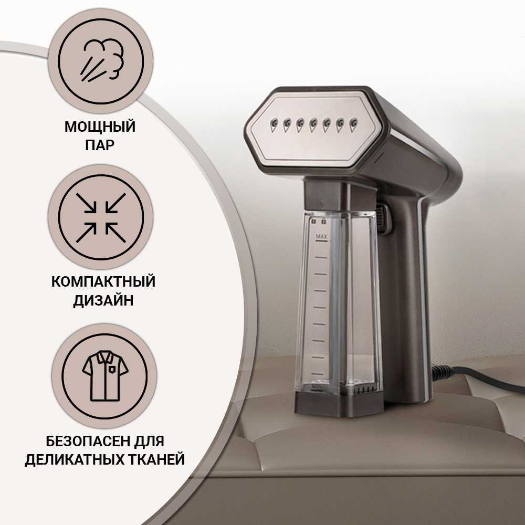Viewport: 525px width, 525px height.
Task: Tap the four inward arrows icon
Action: [x=101, y=218]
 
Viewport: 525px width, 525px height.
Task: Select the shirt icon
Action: [x=105, y=376]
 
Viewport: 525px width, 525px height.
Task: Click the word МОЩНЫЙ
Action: [x=100, y=127]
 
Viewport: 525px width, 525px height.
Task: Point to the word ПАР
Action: [x=100, y=145]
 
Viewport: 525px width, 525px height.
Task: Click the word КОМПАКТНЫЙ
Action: [x=103, y=281]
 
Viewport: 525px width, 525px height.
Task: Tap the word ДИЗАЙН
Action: [x=103, y=300]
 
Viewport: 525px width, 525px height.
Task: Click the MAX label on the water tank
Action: [x=321, y=237]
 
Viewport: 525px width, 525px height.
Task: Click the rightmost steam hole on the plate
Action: [x=353, y=124]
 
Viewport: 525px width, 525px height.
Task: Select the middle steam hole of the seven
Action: [x=313, y=125]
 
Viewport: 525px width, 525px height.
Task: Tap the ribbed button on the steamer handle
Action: [x=381, y=218]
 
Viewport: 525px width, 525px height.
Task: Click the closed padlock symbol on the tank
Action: [x=323, y=220]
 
